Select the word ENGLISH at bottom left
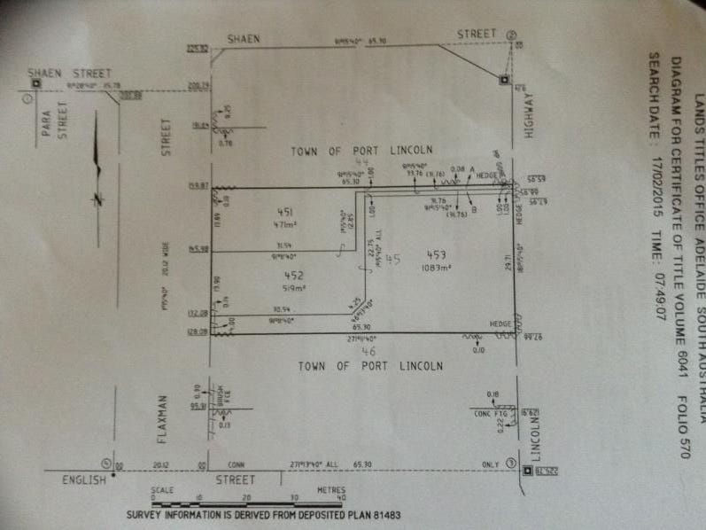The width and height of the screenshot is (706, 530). pyautogui.click(x=83, y=479)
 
